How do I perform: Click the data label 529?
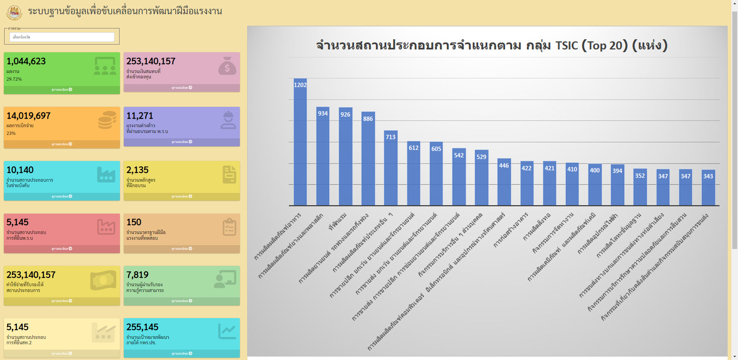tap(481, 157)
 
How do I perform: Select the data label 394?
tap(617, 171)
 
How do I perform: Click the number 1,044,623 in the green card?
tap(26, 61)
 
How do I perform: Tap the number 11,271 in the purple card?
tap(140, 116)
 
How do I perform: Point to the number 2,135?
tap(138, 170)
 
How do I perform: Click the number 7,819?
tap(138, 275)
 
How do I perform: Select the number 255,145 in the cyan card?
tap(143, 327)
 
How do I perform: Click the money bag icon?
tap(227, 66)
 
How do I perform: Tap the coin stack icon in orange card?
tap(107, 120)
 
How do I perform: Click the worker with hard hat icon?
tap(228, 120)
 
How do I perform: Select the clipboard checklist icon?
tap(229, 227)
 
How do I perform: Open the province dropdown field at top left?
tap(62, 37)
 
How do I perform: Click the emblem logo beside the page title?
tap(14, 12)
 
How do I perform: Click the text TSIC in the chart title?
tap(567, 46)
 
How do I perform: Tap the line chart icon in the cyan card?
tap(227, 332)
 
